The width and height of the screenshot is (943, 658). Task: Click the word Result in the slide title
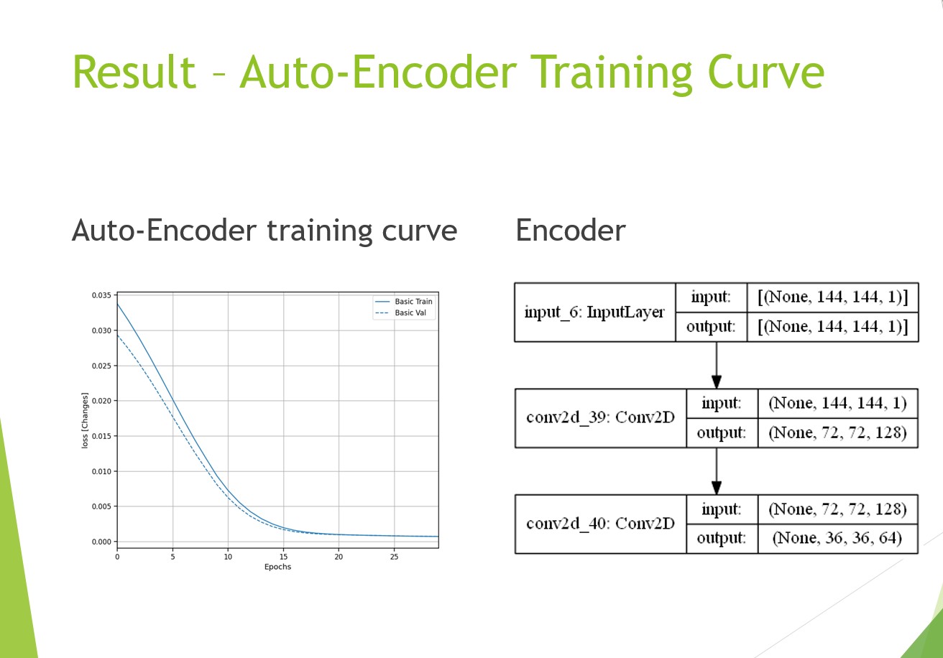coord(134,72)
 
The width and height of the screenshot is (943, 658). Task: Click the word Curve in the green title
coord(765,72)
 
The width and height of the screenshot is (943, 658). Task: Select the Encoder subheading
coord(571,231)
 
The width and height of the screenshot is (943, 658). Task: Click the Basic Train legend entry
coord(404,301)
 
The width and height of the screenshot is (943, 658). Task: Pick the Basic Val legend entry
coord(401,312)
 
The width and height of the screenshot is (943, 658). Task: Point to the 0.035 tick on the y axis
coord(101,295)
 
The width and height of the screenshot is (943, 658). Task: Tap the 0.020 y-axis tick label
coord(101,401)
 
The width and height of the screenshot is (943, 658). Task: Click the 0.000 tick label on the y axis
coord(101,542)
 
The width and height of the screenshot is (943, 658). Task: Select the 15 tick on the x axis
coord(283,557)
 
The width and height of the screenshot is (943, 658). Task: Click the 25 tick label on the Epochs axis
coord(394,557)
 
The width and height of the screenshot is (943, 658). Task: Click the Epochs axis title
coord(278,567)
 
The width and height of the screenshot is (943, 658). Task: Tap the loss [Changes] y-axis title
coord(85,420)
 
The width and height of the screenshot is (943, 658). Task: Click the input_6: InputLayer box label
coord(594,312)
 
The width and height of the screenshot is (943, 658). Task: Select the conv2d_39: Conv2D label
coord(600,417)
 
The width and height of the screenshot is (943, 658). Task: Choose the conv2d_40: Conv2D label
coord(600,524)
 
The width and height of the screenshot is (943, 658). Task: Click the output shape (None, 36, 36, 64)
coord(837,538)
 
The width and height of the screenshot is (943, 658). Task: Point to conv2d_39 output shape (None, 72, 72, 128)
coord(837,432)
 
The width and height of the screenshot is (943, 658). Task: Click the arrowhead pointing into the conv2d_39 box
coord(717,382)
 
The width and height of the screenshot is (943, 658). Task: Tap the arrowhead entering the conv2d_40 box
coord(717,488)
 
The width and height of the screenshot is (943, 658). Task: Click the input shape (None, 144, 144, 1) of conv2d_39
coord(837,403)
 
